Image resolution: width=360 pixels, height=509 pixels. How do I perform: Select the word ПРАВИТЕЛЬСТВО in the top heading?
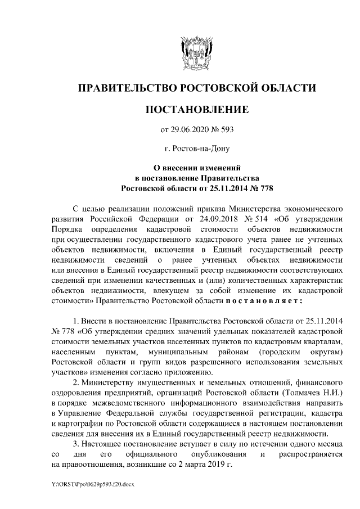point(127,88)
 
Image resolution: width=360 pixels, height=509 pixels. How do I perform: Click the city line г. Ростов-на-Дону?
point(196,148)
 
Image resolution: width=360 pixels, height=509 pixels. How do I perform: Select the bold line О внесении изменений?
point(197,168)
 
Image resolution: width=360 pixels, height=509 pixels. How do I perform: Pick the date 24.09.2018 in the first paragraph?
point(205,218)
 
